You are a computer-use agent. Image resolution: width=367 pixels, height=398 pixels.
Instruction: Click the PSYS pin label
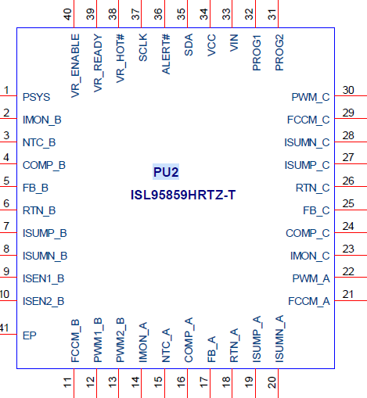[x=36, y=97]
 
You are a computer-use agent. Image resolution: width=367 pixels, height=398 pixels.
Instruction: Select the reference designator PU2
[x=166, y=172]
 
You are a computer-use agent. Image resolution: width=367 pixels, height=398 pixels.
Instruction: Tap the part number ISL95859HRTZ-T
[x=183, y=195]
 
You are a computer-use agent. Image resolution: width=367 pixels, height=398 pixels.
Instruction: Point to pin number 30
[x=348, y=90]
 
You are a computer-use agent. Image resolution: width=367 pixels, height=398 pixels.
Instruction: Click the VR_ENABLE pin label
[x=75, y=66]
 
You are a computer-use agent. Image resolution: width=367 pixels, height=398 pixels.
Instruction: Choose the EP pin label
[x=30, y=335]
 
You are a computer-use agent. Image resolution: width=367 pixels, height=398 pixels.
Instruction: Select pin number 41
[x=5, y=328]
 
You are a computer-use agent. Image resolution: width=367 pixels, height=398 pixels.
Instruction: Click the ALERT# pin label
[x=166, y=54]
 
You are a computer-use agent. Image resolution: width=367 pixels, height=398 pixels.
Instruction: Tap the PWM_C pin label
[x=311, y=97]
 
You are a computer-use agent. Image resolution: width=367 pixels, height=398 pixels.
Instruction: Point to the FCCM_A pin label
[x=309, y=302]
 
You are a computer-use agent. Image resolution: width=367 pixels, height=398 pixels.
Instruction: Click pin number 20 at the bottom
[x=272, y=382]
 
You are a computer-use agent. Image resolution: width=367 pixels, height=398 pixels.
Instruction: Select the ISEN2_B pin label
[x=44, y=302]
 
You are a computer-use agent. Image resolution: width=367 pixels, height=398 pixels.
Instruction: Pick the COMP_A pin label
[x=189, y=340]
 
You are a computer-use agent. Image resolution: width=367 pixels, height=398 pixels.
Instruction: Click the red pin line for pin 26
[x=351, y=187]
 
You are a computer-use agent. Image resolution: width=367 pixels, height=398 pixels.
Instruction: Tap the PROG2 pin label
[x=279, y=52]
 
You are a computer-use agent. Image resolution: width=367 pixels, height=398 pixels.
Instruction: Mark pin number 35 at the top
[x=181, y=14]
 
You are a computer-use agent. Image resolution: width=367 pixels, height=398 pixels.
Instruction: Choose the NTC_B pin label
[x=39, y=143]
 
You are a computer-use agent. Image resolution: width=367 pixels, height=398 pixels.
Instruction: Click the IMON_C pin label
[x=310, y=256]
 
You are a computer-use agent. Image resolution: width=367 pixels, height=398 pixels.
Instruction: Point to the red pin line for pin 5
[x=9, y=187]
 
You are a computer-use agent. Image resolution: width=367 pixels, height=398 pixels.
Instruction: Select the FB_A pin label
[x=211, y=350]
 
